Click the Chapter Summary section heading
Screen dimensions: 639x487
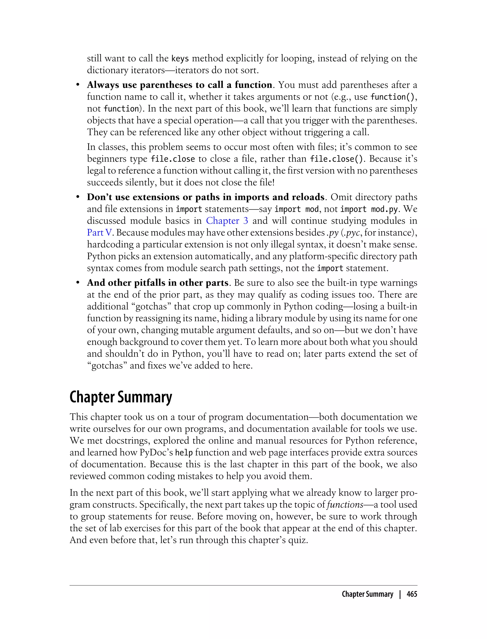(x=121, y=397)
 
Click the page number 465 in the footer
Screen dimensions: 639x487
(x=412, y=594)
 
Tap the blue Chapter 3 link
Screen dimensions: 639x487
(x=227, y=221)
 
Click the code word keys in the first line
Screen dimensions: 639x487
(x=180, y=59)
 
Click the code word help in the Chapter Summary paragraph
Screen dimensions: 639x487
(x=184, y=453)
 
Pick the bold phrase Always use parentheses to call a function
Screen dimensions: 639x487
(x=180, y=85)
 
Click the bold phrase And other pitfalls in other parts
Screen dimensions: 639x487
(x=158, y=283)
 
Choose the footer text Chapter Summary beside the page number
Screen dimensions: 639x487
(x=367, y=594)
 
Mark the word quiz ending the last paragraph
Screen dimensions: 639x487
(x=298, y=540)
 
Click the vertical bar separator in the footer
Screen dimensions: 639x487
(x=400, y=594)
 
